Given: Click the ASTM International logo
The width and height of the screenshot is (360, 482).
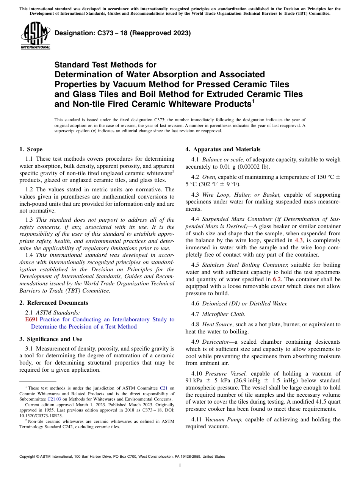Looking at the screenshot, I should click(x=35, y=36).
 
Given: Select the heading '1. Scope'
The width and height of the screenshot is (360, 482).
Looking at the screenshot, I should click(x=31, y=149).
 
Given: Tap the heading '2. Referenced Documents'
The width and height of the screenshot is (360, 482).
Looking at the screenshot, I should click(x=54, y=303).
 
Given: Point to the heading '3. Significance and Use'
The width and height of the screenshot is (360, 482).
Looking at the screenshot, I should click(x=51, y=339).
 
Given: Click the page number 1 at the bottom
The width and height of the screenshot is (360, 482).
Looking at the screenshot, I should click(x=180, y=466).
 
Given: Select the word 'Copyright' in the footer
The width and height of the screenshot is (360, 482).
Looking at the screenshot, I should click(x=28, y=457).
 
